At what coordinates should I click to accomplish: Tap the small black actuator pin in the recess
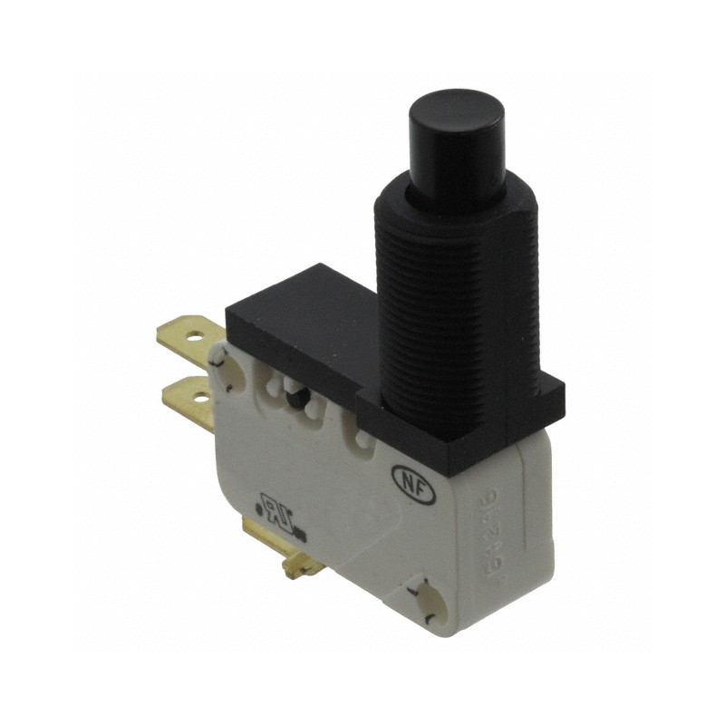pyautogui.click(x=295, y=393)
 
